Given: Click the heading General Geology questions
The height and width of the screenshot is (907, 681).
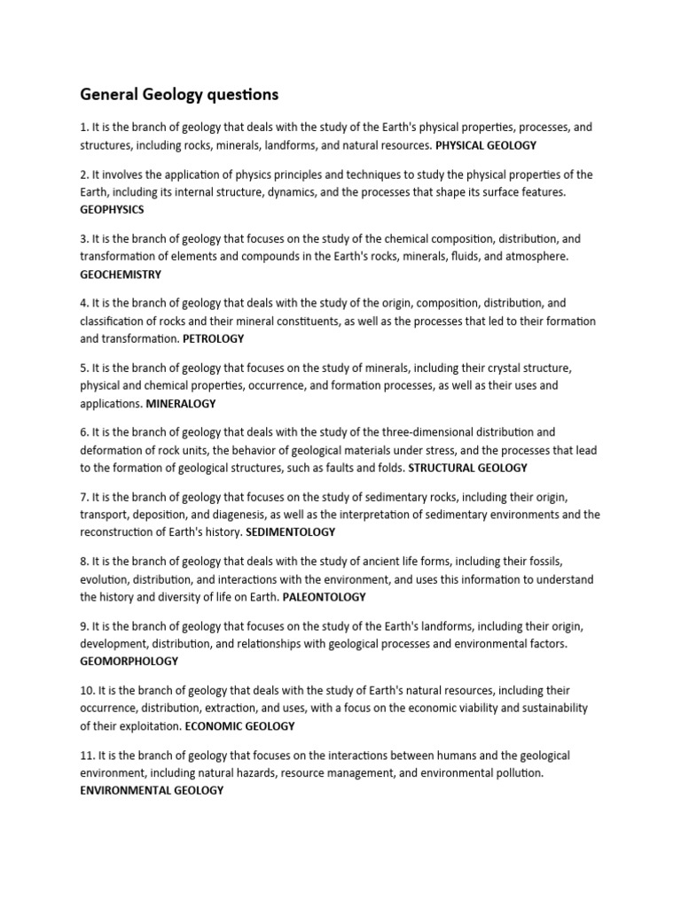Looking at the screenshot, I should coord(179,94).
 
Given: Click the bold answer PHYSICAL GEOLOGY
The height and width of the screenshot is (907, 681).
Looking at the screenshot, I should coord(486,144).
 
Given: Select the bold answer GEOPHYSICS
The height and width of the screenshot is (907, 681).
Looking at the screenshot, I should coord(112,210).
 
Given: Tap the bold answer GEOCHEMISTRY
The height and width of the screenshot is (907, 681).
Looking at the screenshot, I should coord(121,275).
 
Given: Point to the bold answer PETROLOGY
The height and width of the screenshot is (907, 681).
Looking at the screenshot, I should coord(213,338).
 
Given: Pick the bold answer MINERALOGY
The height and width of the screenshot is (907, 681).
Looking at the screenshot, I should coord(181,403).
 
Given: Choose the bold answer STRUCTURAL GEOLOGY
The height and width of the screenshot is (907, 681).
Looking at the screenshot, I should coord(463,468).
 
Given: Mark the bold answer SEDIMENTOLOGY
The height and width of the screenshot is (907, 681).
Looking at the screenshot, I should coord(290,532).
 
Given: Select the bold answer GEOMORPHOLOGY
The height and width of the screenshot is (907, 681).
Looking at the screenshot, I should coord(129,661).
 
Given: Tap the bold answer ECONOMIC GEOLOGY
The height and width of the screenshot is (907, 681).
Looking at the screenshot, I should coord(239,725).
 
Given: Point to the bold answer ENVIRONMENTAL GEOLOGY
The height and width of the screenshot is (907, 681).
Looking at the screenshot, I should coord(152,790).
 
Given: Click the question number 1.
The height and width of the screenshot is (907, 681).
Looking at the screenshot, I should coord(83,128).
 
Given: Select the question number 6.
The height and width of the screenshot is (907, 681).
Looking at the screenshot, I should coord(83,432).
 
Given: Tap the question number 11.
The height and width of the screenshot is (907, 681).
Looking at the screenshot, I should coord(87,756).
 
